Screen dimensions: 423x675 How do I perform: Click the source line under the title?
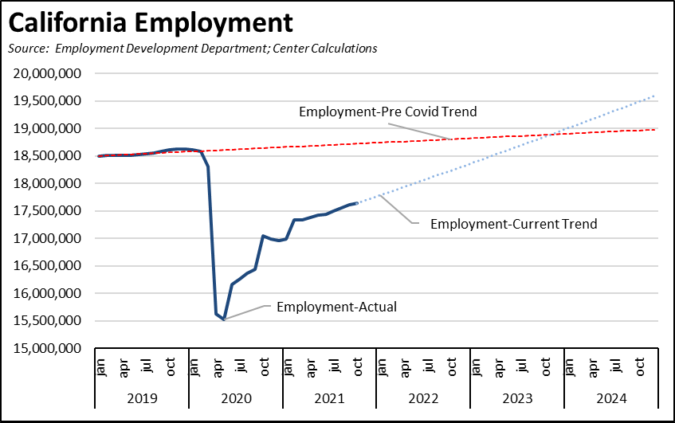(x=192, y=49)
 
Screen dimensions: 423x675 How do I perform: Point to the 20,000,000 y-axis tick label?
(x=51, y=73)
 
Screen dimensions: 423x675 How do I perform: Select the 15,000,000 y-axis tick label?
(x=51, y=349)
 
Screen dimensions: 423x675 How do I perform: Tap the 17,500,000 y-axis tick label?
(x=51, y=211)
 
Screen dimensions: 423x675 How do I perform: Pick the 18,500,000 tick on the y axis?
(x=51, y=156)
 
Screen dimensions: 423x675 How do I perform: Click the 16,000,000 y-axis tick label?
(x=51, y=294)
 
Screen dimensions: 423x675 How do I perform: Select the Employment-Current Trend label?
(x=513, y=224)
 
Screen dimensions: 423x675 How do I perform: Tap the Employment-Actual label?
(x=336, y=307)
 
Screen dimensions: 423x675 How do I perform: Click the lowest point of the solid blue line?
(x=224, y=319)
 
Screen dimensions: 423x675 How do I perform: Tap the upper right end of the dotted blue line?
(x=655, y=96)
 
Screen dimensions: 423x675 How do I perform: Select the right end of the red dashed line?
(x=655, y=129)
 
